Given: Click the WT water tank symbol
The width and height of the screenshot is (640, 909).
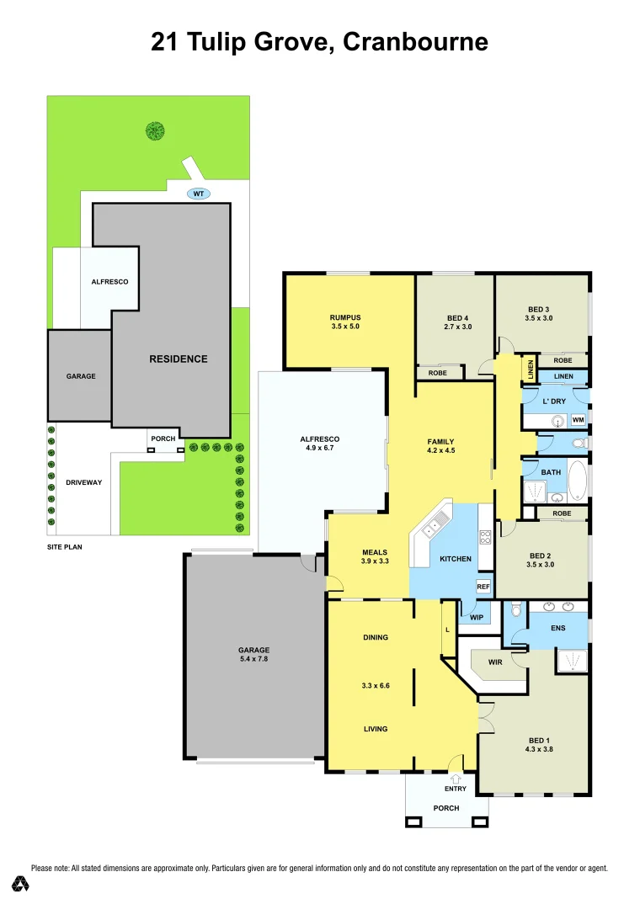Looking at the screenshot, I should [199, 194].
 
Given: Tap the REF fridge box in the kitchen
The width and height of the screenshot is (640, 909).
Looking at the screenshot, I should [483, 587].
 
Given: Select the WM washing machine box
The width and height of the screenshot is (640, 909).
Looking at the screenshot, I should [578, 419].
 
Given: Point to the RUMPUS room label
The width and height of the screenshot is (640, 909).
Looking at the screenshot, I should [344, 317].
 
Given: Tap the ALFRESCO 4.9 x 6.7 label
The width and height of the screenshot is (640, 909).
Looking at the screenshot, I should [319, 444].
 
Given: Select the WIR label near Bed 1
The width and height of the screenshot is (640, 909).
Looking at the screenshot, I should [495, 662].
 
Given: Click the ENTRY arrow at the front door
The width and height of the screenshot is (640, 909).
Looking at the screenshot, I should [456, 779].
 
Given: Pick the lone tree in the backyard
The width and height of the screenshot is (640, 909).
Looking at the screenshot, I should [154, 130].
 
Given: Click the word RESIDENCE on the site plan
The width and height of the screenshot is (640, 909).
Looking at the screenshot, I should [179, 359].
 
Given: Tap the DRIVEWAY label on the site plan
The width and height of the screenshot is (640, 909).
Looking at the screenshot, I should [84, 482].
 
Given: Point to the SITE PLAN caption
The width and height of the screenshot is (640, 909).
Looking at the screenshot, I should [65, 546].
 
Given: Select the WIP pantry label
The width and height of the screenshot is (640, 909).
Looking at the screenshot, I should [477, 616].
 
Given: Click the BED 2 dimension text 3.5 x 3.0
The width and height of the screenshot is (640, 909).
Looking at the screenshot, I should [541, 565].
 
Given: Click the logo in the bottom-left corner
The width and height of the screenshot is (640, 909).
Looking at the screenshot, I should [21, 884].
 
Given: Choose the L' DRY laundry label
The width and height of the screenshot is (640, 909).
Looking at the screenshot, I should [553, 401].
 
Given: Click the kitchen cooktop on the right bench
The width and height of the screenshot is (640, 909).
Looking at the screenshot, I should [485, 535].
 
